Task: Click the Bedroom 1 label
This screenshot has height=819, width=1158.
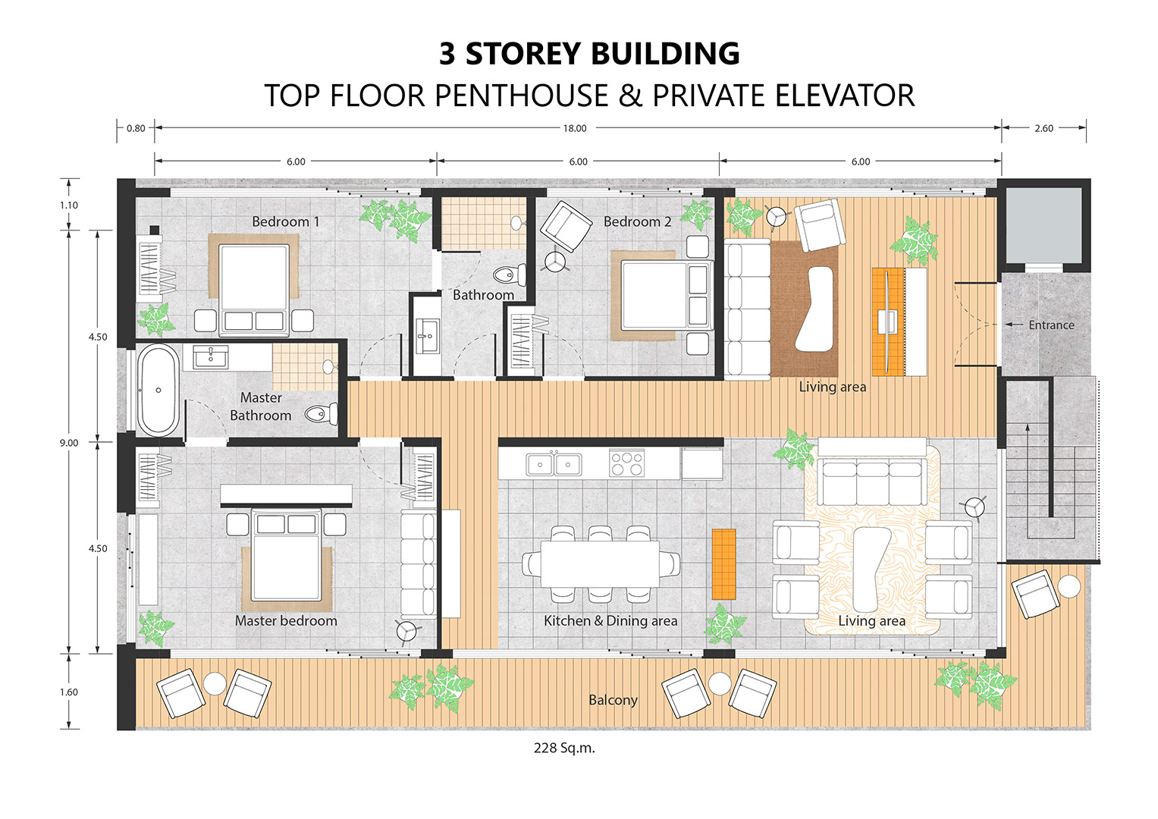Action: [285, 221]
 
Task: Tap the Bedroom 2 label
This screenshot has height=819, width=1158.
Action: [638, 221]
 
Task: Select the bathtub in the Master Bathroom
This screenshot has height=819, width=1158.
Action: [158, 391]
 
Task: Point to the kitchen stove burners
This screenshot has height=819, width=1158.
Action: [626, 463]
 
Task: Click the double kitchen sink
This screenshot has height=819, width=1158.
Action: [554, 464]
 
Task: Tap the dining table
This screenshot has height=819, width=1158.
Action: [600, 564]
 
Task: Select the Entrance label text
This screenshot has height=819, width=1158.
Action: [1051, 325]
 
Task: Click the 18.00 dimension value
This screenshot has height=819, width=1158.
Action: [575, 128]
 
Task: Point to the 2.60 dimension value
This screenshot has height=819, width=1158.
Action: [1043, 128]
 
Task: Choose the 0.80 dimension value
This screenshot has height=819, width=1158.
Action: [136, 128]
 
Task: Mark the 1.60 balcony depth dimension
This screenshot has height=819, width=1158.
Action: [69, 692]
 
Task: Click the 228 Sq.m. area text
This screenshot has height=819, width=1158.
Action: [564, 748]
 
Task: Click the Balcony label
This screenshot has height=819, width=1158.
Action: [613, 700]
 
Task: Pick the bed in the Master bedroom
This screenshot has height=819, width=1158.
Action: [286, 554]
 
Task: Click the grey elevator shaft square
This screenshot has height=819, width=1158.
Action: [1043, 225]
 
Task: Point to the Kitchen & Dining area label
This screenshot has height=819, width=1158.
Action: [610, 620]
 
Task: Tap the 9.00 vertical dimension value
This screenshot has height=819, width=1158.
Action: [69, 443]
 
